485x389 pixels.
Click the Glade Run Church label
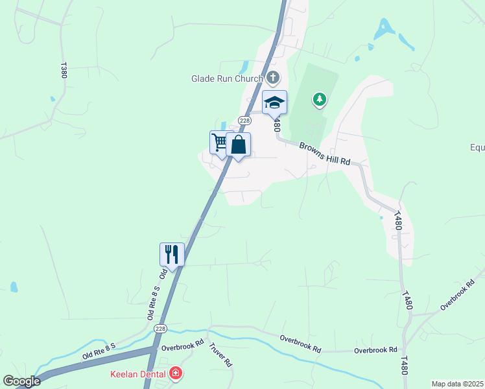coord(227,78)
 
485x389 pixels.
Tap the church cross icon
coord(272,78)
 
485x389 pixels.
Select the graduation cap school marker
coord(274,102)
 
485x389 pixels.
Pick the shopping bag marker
coord(239,145)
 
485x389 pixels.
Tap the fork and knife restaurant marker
coord(172,253)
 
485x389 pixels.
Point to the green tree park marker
coord(319,99)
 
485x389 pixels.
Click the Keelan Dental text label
coord(139,373)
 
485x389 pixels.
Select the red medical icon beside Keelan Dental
coord(175,373)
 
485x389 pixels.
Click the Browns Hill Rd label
coord(325,154)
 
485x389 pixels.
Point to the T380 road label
coord(64,70)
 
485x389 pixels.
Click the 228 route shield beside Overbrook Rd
coord(160,329)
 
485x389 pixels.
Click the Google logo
coord(21,381)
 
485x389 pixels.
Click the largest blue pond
coord(385,28)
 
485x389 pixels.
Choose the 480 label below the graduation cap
coord(278,124)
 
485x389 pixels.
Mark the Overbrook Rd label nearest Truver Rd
coord(182,344)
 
